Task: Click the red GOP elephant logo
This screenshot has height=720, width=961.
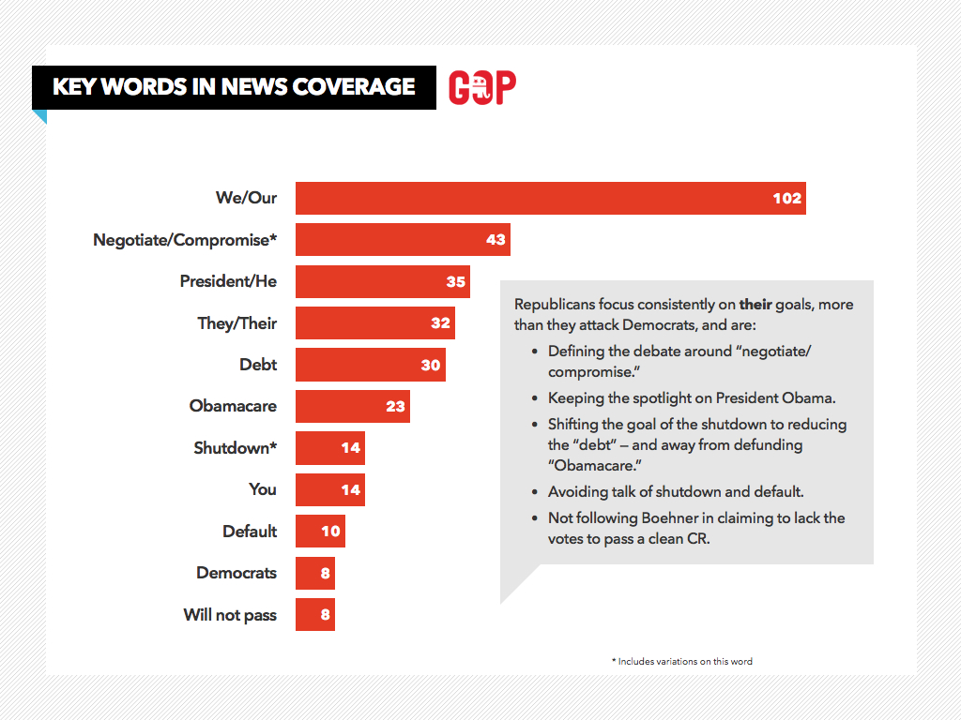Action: (482, 87)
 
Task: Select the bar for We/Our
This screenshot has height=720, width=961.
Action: (550, 198)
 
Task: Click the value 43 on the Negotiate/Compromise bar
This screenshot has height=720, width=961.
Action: (496, 240)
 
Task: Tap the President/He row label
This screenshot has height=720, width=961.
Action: (228, 281)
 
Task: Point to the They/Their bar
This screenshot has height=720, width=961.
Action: (374, 323)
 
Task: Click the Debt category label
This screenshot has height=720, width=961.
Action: (258, 365)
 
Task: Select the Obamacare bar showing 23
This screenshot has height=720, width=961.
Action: (352, 406)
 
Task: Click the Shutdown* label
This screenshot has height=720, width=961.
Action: (235, 448)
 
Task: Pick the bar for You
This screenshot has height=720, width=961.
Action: (329, 489)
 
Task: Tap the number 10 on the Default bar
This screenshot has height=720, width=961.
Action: (330, 531)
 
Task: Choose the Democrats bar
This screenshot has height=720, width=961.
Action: (314, 573)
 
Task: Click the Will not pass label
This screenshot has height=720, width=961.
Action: (230, 615)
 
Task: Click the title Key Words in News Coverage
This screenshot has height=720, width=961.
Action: (234, 87)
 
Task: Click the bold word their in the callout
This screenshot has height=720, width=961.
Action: (753, 305)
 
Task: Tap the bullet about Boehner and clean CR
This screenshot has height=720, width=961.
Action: (695, 529)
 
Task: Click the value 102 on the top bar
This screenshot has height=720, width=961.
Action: (786, 198)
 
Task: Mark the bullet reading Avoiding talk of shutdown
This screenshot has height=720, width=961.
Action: (676, 491)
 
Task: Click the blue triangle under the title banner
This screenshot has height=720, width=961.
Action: (39, 116)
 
